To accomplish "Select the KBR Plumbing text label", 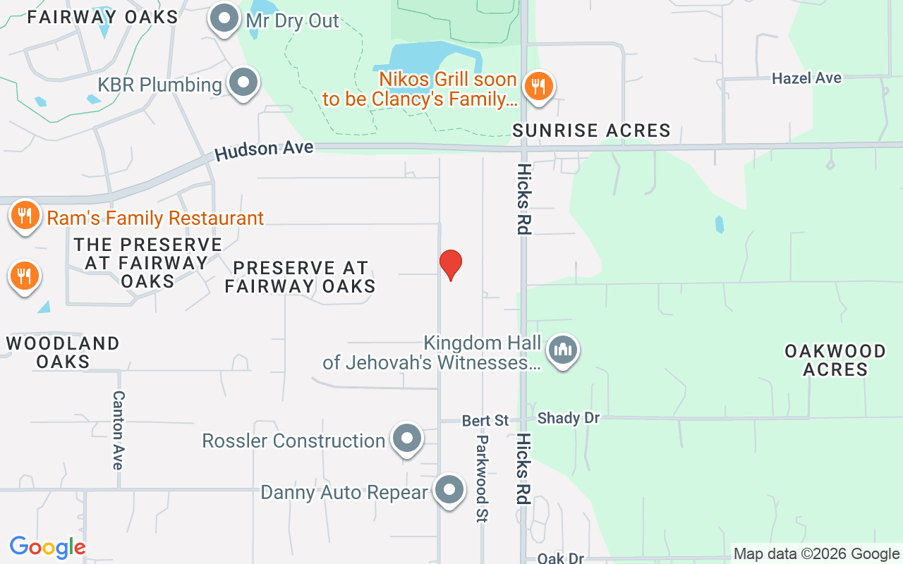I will pyautogui.click(x=159, y=85).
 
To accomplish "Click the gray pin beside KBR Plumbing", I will pyautogui.click(x=243, y=82).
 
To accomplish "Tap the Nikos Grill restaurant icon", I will pyautogui.click(x=538, y=87).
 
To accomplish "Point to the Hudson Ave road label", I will pyautogui.click(x=264, y=149).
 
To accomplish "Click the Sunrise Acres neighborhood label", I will pyautogui.click(x=591, y=130).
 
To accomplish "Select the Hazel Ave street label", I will pyautogui.click(x=806, y=78).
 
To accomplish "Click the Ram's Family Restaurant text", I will pyautogui.click(x=155, y=218).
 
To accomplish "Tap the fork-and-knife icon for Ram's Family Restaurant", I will pyautogui.click(x=25, y=214).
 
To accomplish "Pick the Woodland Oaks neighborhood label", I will pyautogui.click(x=63, y=352).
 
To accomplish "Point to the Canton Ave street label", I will pyautogui.click(x=118, y=430).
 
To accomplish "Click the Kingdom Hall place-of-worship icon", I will pyautogui.click(x=563, y=349).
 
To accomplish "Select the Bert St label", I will pyautogui.click(x=485, y=421).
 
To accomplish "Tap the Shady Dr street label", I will pyautogui.click(x=568, y=418).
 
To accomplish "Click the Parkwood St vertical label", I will pyautogui.click(x=482, y=478).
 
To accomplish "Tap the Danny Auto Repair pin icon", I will pyautogui.click(x=449, y=489).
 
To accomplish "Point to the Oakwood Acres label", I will pyautogui.click(x=835, y=360).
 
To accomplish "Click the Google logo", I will pyautogui.click(x=47, y=547).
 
